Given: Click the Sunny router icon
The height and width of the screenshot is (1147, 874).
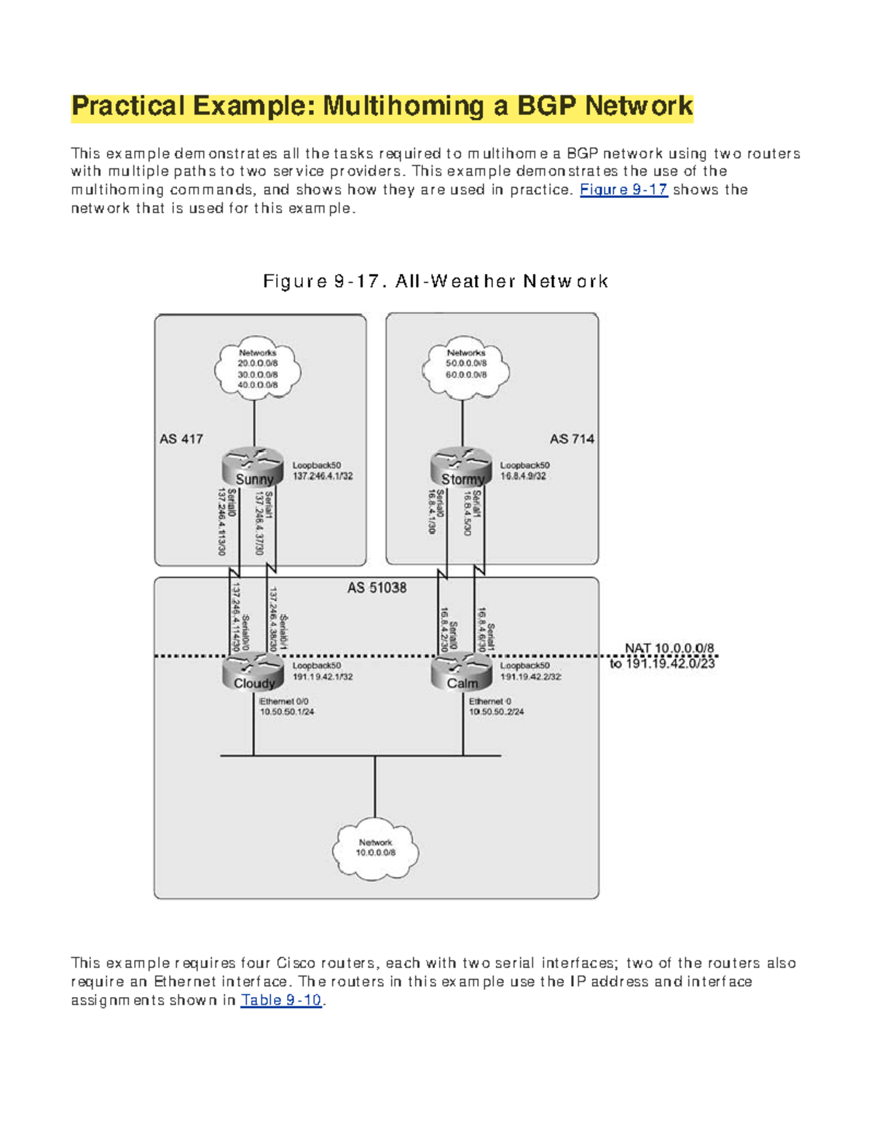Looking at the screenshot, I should (253, 467).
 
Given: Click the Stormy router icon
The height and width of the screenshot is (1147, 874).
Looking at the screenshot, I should (461, 467).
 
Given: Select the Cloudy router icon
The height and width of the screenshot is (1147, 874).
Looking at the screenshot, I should (253, 671).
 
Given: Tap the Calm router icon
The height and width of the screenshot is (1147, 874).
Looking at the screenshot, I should (461, 671).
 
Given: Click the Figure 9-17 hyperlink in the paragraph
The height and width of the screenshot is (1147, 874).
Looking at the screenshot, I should (623, 190).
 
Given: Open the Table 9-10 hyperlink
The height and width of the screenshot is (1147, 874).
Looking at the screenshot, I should (281, 1000).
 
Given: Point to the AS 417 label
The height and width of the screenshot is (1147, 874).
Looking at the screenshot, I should (181, 439).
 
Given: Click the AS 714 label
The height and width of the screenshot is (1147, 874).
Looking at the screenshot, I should (572, 439).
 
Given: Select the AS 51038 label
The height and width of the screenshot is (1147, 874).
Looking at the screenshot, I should (377, 588).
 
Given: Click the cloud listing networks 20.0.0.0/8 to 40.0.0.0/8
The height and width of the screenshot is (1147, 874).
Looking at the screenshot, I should (257, 369).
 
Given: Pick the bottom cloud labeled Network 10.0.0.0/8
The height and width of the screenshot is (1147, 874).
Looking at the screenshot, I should (375, 848).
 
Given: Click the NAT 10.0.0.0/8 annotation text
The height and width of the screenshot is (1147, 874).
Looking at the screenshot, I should (669, 648).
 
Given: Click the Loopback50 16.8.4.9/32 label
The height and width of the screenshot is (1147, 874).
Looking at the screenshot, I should (524, 470).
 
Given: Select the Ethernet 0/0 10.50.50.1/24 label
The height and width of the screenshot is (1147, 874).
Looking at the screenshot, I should (286, 706).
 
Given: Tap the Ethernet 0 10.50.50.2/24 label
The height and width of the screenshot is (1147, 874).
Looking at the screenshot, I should (495, 706).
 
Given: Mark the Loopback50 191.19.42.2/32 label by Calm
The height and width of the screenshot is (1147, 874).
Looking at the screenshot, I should (529, 671).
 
